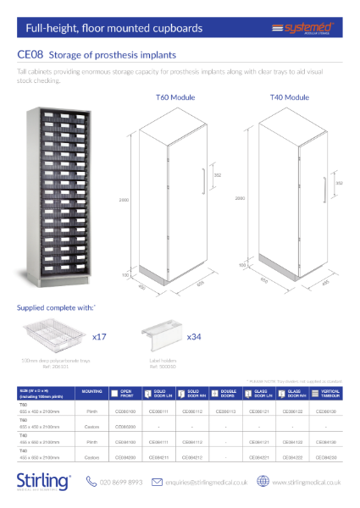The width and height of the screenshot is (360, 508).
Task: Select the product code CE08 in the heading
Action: [31, 55]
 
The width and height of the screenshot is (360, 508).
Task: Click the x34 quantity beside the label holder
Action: [195, 336]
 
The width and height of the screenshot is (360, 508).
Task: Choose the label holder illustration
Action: [158, 337]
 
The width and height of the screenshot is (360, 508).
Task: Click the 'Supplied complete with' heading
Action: [56, 306]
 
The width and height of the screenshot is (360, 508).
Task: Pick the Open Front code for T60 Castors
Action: [124, 427]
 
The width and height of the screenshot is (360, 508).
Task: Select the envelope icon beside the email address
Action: [157, 482]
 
